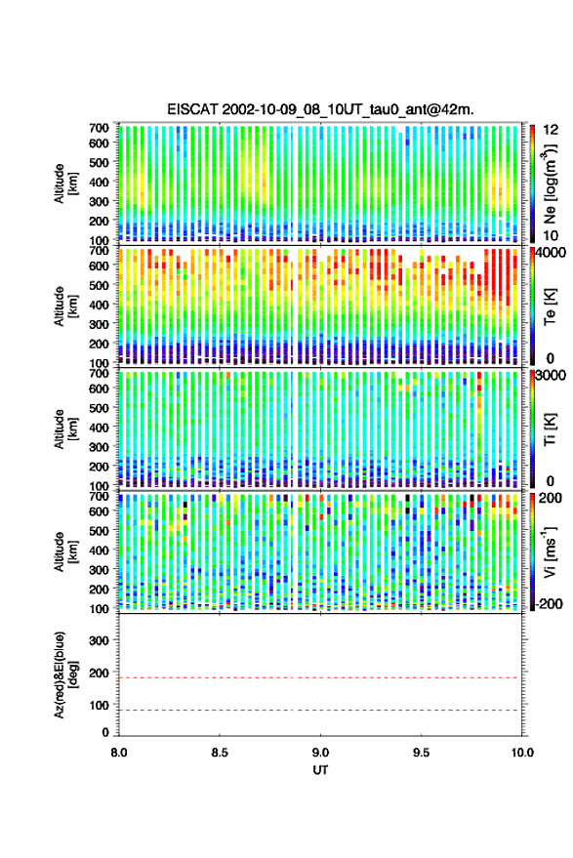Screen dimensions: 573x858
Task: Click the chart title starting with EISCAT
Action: point(320,110)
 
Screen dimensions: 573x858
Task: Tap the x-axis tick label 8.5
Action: point(220,753)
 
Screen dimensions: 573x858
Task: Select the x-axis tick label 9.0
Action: point(320,753)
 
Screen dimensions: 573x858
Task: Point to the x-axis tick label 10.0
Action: point(521,753)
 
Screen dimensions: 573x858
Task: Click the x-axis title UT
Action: point(320,770)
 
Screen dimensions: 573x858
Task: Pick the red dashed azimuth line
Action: point(320,677)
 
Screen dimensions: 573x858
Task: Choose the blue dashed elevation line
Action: point(320,711)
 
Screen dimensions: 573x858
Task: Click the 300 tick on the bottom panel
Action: point(99,640)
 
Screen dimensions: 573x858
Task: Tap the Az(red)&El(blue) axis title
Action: point(64,674)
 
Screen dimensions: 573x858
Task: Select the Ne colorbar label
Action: point(550,184)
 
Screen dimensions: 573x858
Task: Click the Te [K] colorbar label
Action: point(550,307)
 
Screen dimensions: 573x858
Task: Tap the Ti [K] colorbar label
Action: point(550,429)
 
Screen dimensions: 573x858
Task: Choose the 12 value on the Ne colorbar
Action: point(551,130)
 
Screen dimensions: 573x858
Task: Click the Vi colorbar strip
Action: point(532,552)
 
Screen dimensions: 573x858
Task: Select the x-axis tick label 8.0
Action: point(119,753)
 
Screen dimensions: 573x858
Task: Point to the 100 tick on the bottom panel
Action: point(99,706)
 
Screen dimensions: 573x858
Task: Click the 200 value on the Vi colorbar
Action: point(551,498)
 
